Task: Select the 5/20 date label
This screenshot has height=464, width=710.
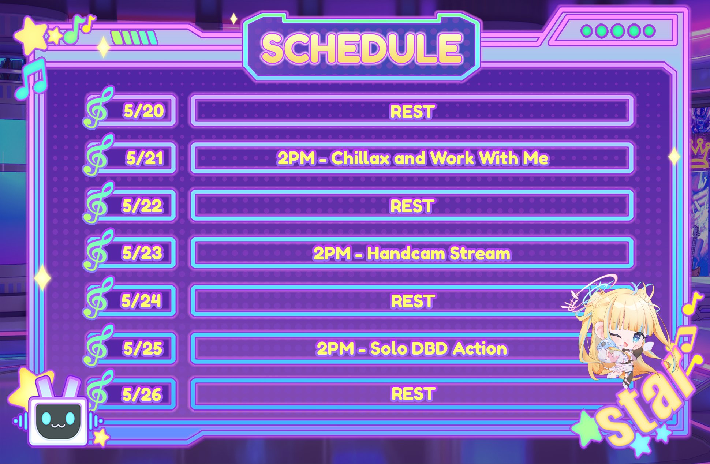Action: [143, 111]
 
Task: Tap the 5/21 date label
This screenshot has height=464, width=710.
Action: [145, 158]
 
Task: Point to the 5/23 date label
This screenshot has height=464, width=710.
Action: [142, 253]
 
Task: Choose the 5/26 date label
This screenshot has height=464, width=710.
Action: [142, 394]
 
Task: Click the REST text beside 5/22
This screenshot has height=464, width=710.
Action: [412, 206]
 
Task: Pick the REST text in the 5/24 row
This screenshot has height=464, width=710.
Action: [413, 301]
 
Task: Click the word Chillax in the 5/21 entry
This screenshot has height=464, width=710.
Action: [360, 158]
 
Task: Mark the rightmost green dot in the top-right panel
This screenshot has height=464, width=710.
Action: [649, 31]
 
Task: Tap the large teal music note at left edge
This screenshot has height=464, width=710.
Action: [32, 79]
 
